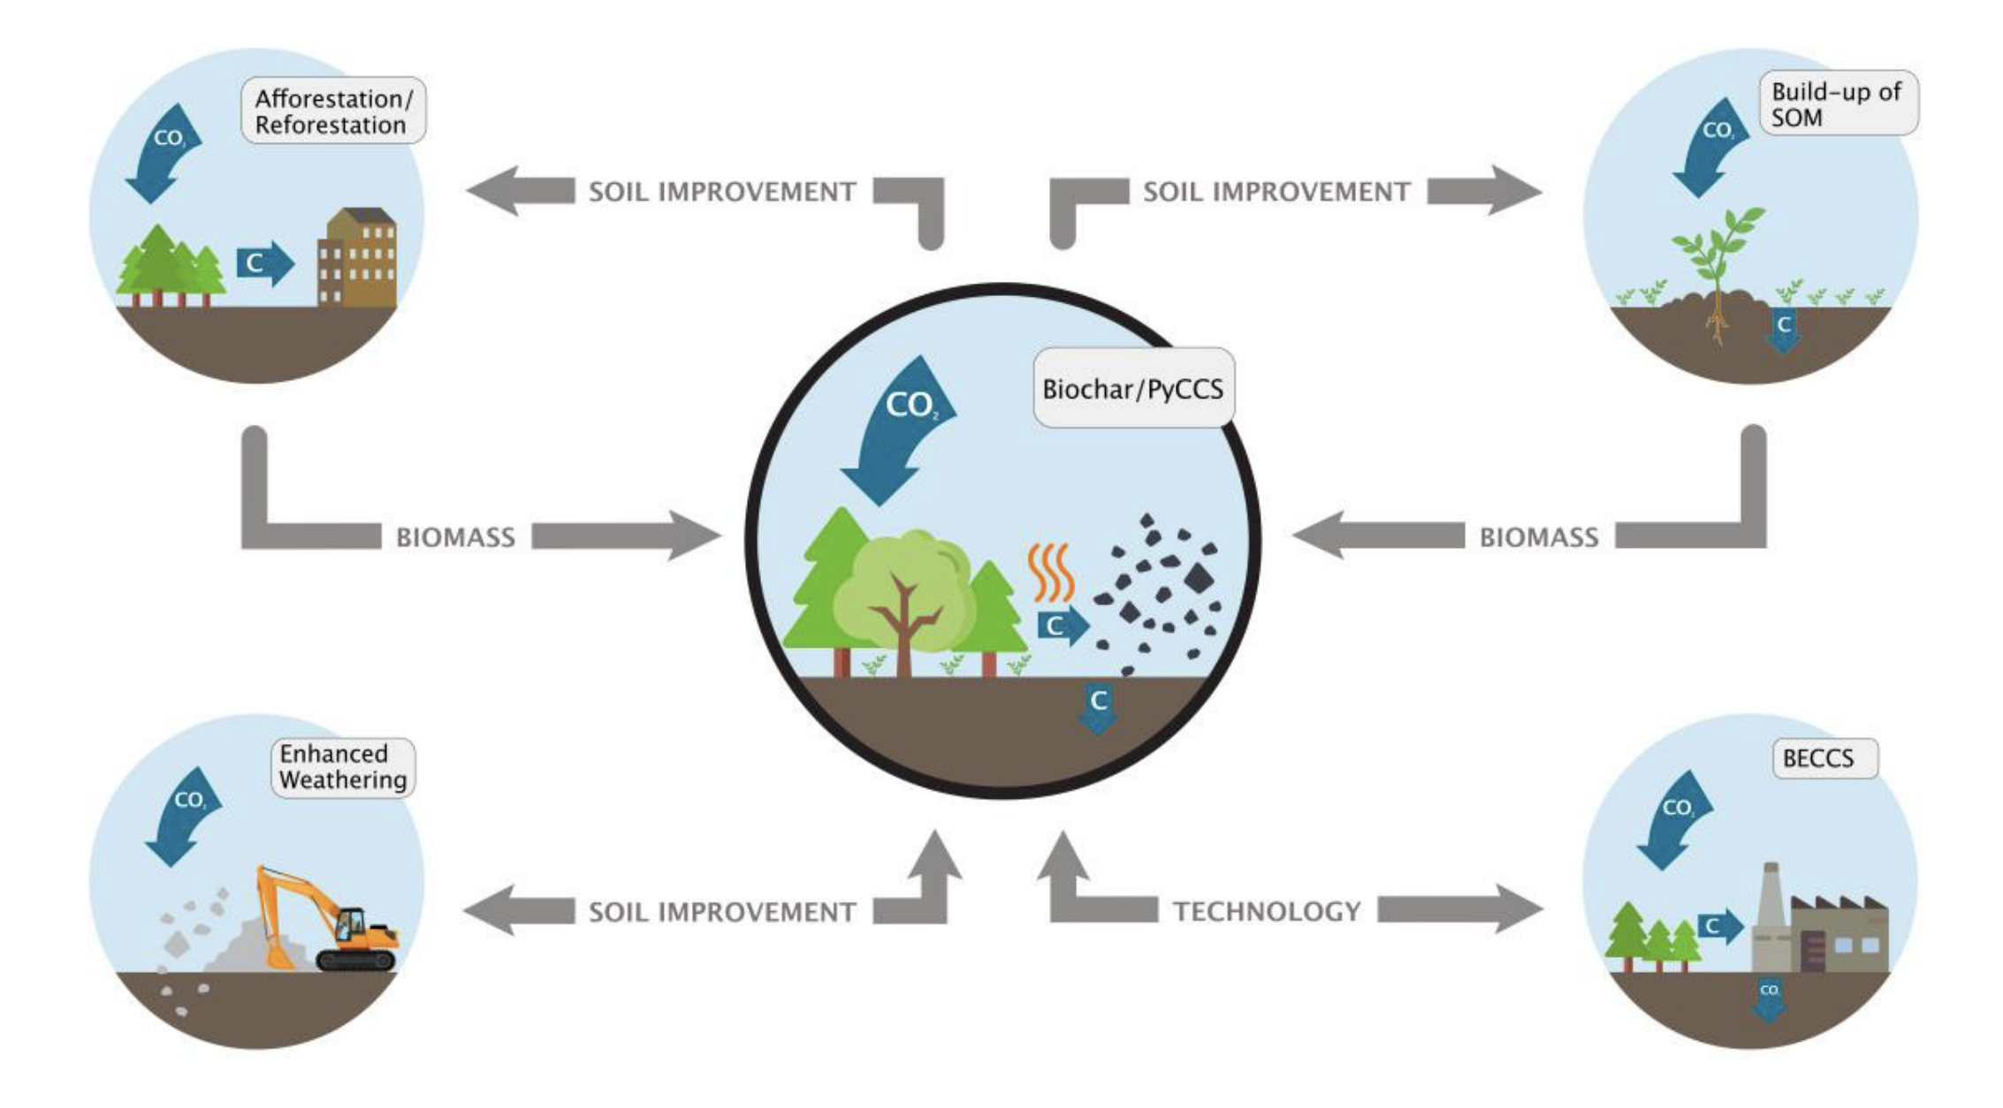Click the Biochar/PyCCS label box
tap(1133, 389)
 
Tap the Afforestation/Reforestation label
tap(333, 111)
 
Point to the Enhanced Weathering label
tap(342, 767)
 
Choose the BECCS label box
tap(1824, 758)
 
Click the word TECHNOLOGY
tap(1267, 911)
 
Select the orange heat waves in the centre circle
tap(1050, 572)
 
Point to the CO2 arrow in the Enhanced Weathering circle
tap(183, 816)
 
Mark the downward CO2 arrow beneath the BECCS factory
tap(1769, 999)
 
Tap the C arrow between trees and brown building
tap(263, 262)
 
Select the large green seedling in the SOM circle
tap(1717, 256)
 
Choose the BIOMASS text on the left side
tap(455, 537)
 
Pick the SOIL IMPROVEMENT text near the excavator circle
tap(722, 912)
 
